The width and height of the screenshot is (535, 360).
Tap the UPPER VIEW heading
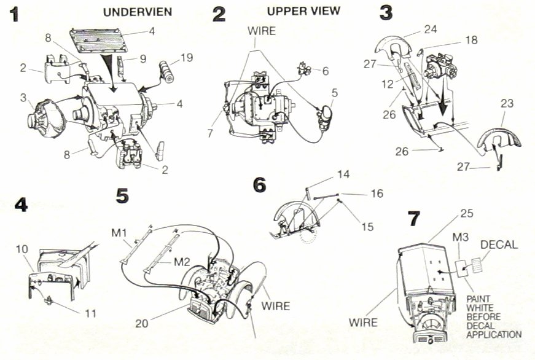click(x=294, y=12)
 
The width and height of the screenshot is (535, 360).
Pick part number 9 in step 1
click(x=143, y=60)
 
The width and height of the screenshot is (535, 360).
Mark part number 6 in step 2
click(x=325, y=71)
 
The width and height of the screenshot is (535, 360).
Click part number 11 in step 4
click(x=90, y=313)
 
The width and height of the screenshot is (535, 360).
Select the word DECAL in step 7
click(x=499, y=245)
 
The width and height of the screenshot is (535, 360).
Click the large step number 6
click(x=261, y=184)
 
